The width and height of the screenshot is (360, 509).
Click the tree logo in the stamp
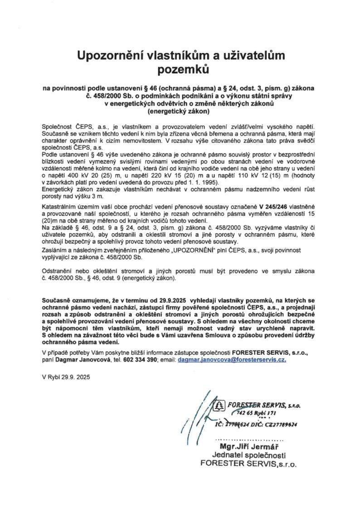(x=220, y=405)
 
